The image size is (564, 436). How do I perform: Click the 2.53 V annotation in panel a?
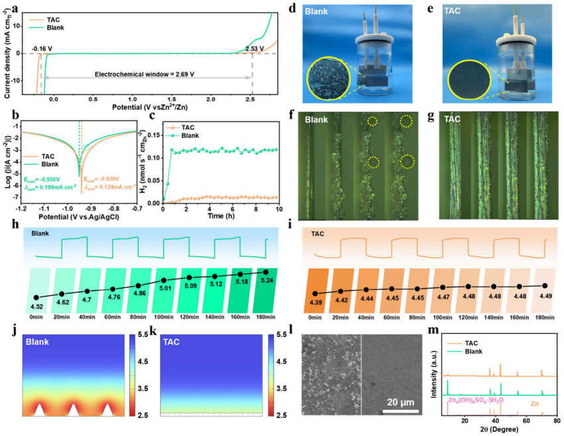tap(254, 48)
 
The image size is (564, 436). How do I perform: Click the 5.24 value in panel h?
tap(266, 280)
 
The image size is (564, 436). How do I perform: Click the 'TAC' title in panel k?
tap(176, 341)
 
